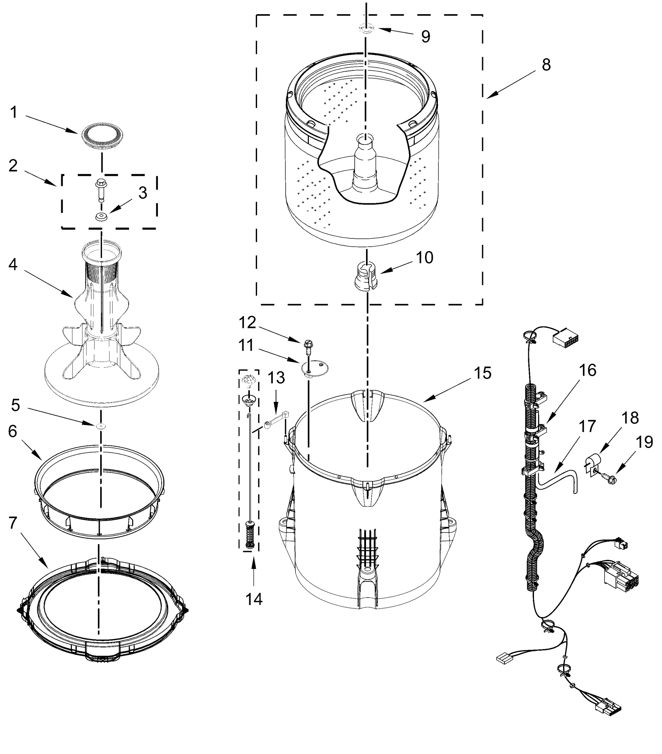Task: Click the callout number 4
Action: pyautogui.click(x=13, y=264)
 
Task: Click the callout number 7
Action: pyautogui.click(x=13, y=523)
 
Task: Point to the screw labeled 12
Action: pyautogui.click(x=308, y=347)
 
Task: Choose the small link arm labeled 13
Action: pyautogui.click(x=277, y=421)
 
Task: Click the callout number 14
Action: pyautogui.click(x=254, y=599)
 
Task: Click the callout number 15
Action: pyautogui.click(x=482, y=373)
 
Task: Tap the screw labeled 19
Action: pyautogui.click(x=609, y=479)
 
